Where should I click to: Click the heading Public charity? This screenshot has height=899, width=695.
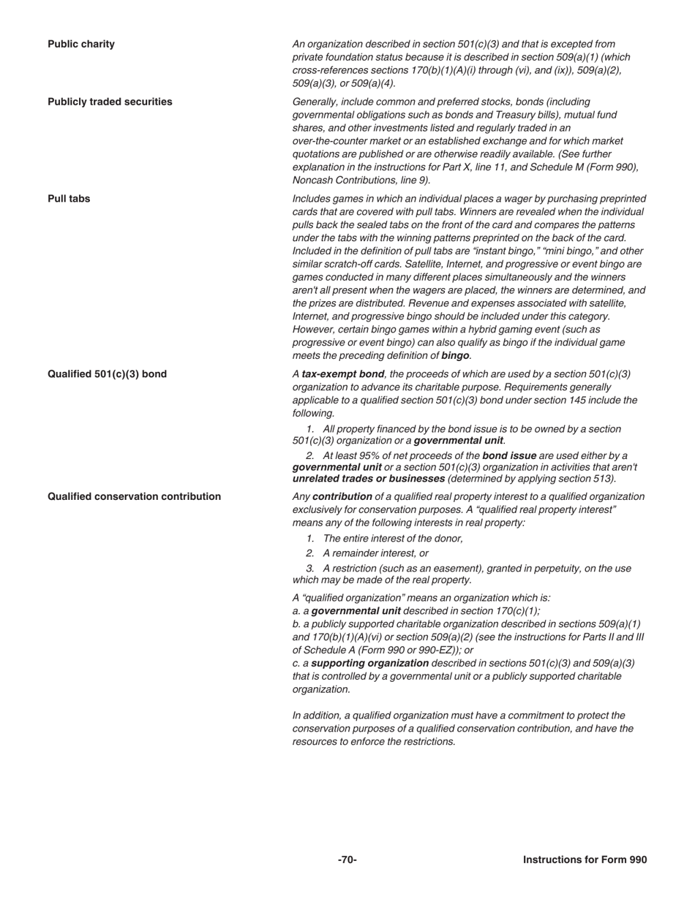point(81,44)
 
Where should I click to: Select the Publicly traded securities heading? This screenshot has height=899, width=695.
point(110,102)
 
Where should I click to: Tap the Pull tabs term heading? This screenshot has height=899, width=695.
point(69,198)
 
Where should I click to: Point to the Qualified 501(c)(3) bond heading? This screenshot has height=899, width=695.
point(107,373)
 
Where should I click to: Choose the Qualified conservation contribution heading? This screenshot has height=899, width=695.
point(134,496)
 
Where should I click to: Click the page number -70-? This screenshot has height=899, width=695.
point(347,860)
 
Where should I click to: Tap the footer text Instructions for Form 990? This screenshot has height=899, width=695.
point(585,860)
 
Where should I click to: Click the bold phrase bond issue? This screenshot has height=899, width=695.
point(509,455)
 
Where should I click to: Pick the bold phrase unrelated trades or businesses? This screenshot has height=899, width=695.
point(368,479)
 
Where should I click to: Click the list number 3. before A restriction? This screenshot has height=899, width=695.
point(311,568)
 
